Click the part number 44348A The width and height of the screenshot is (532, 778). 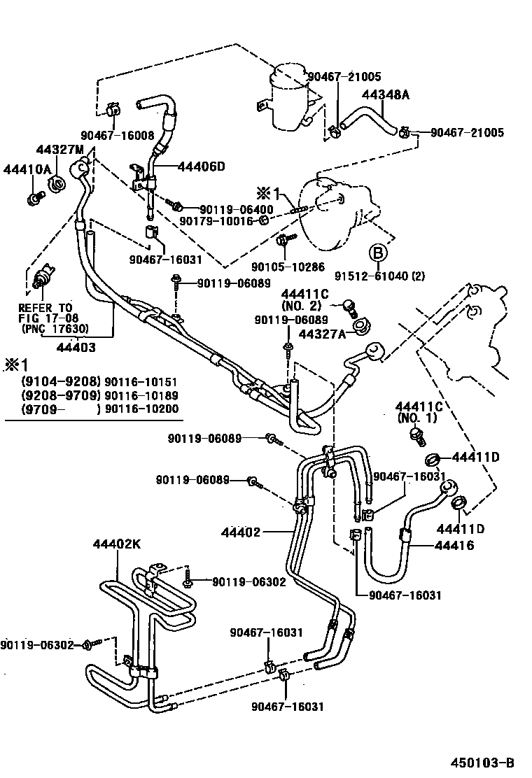385,95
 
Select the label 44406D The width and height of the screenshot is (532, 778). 202,167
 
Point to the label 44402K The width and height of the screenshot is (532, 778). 118,544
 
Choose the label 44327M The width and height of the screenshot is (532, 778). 59,150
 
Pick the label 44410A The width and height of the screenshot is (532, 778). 27,169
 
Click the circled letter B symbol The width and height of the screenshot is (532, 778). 377,253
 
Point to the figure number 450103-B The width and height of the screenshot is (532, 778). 483,761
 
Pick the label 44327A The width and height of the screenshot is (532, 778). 322,334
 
